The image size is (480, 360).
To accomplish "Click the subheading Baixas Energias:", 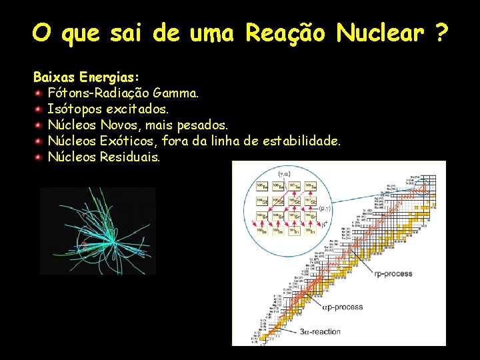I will coord(86,77).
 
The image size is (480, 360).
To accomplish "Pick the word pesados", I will coord(204,125).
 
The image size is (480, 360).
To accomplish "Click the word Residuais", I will coord(130,157).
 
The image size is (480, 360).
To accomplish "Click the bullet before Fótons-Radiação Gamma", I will coord(39,93).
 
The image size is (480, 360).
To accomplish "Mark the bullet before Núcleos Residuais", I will coord(39,157).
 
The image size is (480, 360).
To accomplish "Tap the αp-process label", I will coord(343,307).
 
